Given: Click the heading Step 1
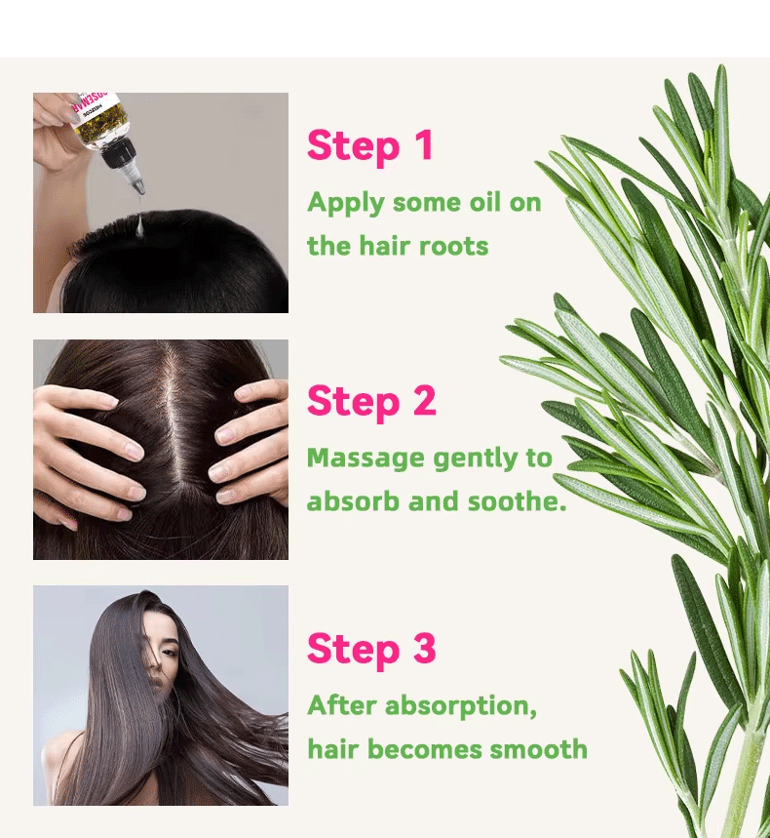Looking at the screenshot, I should (369, 145).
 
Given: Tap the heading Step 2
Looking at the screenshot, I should (370, 401).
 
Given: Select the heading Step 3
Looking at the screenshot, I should (370, 649).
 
